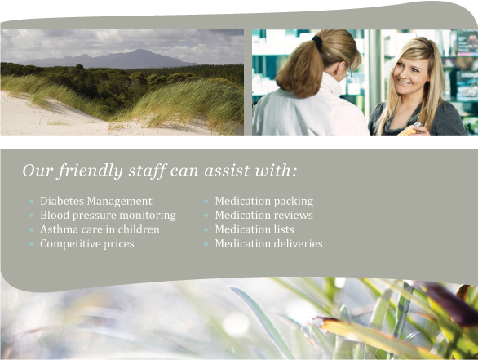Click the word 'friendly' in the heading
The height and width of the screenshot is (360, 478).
(91, 171)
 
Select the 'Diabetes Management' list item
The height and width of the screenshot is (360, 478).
(96, 201)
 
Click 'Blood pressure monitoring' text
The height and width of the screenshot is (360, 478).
(108, 216)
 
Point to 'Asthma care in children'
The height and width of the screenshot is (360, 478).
(100, 229)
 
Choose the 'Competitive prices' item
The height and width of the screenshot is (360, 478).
(87, 244)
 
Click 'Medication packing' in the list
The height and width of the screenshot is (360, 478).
(264, 202)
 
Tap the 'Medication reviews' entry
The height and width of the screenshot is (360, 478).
(264, 215)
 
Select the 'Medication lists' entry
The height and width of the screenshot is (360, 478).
(254, 229)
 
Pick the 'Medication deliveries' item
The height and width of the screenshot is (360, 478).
(269, 243)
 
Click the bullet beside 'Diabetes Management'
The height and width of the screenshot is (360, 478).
(31, 202)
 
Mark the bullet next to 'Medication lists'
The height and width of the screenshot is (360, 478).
(206, 230)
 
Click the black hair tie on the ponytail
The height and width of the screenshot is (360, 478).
(317, 41)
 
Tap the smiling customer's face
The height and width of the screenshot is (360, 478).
(409, 73)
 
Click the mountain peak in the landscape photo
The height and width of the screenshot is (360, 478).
(139, 50)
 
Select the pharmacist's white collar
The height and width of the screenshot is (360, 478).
(330, 83)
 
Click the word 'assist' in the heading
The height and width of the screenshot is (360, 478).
(227, 171)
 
